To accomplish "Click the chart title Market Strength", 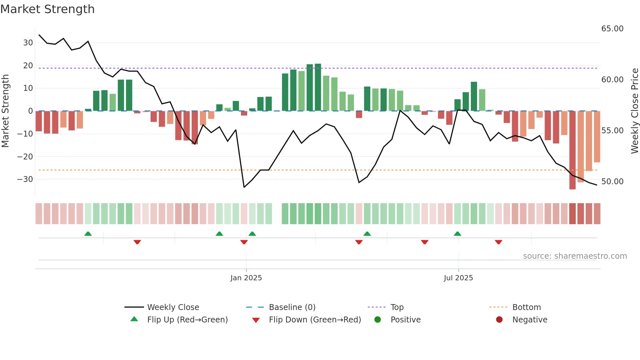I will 47,9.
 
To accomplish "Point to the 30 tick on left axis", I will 28,43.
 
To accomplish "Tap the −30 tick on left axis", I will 25,179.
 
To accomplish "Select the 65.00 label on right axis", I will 612,29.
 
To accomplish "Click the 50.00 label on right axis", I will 612,182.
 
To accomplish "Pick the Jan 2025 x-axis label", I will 246,278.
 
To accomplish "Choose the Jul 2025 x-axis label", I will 458,278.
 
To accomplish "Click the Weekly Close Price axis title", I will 634,111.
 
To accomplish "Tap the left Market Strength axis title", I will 5,111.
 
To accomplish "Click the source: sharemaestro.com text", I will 575,256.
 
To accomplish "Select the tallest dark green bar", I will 318,87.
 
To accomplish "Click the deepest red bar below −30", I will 572,150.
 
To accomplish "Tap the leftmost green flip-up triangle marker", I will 88,234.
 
